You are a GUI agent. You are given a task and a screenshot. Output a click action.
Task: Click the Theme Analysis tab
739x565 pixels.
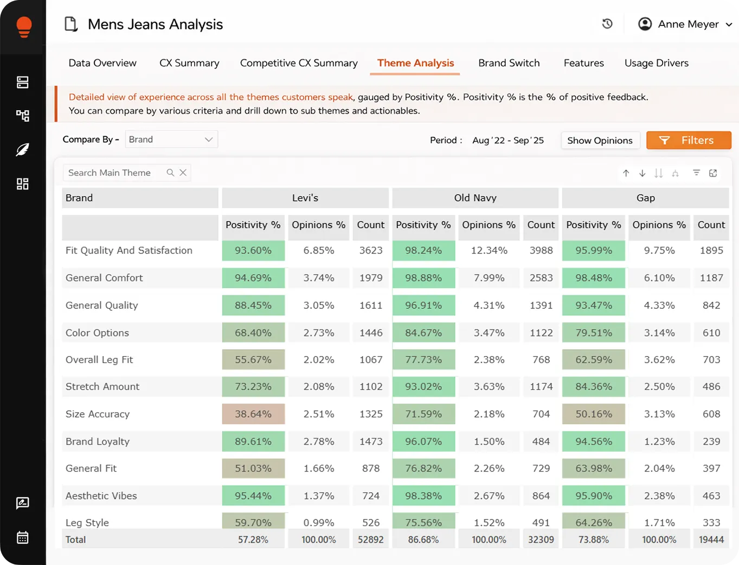[415, 63]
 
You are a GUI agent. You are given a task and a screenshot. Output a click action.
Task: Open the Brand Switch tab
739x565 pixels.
[509, 63]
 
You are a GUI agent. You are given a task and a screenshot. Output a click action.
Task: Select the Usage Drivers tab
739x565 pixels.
[656, 63]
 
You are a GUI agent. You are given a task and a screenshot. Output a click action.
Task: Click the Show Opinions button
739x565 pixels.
[600, 141]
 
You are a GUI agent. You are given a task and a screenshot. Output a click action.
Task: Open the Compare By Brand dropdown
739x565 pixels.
[171, 139]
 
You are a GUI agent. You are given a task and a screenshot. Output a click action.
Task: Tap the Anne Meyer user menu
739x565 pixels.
[685, 24]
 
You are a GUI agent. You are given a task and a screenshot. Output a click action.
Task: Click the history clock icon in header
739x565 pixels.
[607, 24]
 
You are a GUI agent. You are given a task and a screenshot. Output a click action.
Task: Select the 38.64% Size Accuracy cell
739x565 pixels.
[253, 414]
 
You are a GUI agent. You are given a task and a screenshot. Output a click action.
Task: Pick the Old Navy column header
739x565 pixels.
[475, 198]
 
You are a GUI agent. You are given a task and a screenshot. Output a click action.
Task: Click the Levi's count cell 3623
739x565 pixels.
[371, 250]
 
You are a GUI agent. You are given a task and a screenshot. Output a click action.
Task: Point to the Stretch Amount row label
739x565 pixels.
[102, 386]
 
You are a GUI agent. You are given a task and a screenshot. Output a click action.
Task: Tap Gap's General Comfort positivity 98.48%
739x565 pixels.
[593, 278]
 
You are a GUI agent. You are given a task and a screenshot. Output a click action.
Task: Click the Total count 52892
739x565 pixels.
[371, 539]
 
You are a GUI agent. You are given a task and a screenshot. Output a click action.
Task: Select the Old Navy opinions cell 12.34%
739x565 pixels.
[489, 250]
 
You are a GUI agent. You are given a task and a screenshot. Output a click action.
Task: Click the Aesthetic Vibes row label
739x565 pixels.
[101, 496]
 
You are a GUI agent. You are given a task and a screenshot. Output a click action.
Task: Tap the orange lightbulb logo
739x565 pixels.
[24, 27]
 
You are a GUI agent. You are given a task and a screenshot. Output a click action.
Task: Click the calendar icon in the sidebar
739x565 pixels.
[23, 537]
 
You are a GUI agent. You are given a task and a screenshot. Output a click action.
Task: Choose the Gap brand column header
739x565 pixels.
[645, 198]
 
